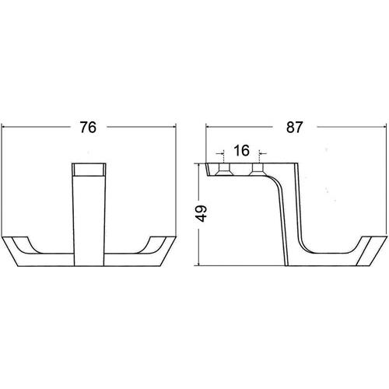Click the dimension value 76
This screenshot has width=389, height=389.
[88, 127]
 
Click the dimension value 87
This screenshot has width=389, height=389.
[294, 127]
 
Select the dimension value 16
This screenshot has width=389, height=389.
[241, 151]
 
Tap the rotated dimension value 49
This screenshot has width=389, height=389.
[202, 213]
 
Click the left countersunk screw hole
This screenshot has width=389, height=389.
[224, 169]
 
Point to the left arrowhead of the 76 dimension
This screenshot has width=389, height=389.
[3, 127]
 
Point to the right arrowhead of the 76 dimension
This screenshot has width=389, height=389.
[174, 127]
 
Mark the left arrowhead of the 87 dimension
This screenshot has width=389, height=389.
[208, 127]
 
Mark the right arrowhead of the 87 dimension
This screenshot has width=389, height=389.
[384, 127]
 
